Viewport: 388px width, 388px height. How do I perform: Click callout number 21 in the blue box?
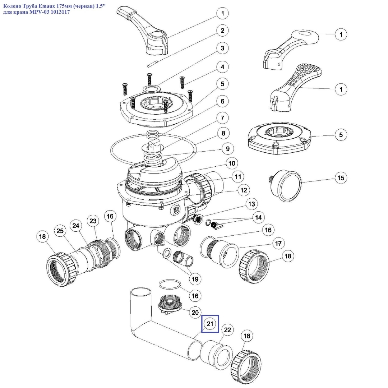tap(210, 324)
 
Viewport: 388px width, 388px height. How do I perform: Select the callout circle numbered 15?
tap(341, 177)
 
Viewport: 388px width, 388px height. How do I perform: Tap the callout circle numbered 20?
tap(195, 312)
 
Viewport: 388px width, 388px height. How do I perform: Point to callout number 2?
tap(222, 31)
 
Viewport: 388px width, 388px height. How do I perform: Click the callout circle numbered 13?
tap(251, 204)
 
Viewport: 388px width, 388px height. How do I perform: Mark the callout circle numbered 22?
tap(228, 330)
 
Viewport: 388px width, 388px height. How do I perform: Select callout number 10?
tap(232, 163)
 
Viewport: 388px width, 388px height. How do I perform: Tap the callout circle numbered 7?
tap(222, 117)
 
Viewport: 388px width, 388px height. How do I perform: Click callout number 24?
tap(76, 226)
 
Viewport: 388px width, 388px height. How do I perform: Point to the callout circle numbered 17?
tap(278, 243)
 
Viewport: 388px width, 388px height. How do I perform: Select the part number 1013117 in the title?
tap(58, 12)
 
